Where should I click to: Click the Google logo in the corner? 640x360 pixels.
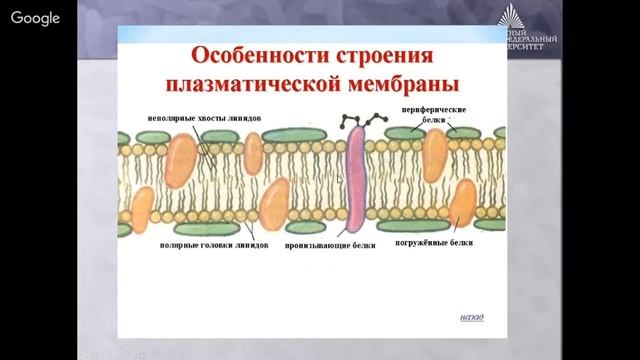click(36, 18)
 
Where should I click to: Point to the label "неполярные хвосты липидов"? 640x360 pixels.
click(206, 117)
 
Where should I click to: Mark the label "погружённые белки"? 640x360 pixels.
click(434, 243)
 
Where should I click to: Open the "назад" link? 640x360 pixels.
click(471, 318)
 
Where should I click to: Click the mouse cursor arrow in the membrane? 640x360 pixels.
click(339, 179)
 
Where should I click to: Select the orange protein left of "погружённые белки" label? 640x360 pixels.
click(462, 204)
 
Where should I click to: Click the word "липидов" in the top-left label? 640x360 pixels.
click(245, 117)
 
